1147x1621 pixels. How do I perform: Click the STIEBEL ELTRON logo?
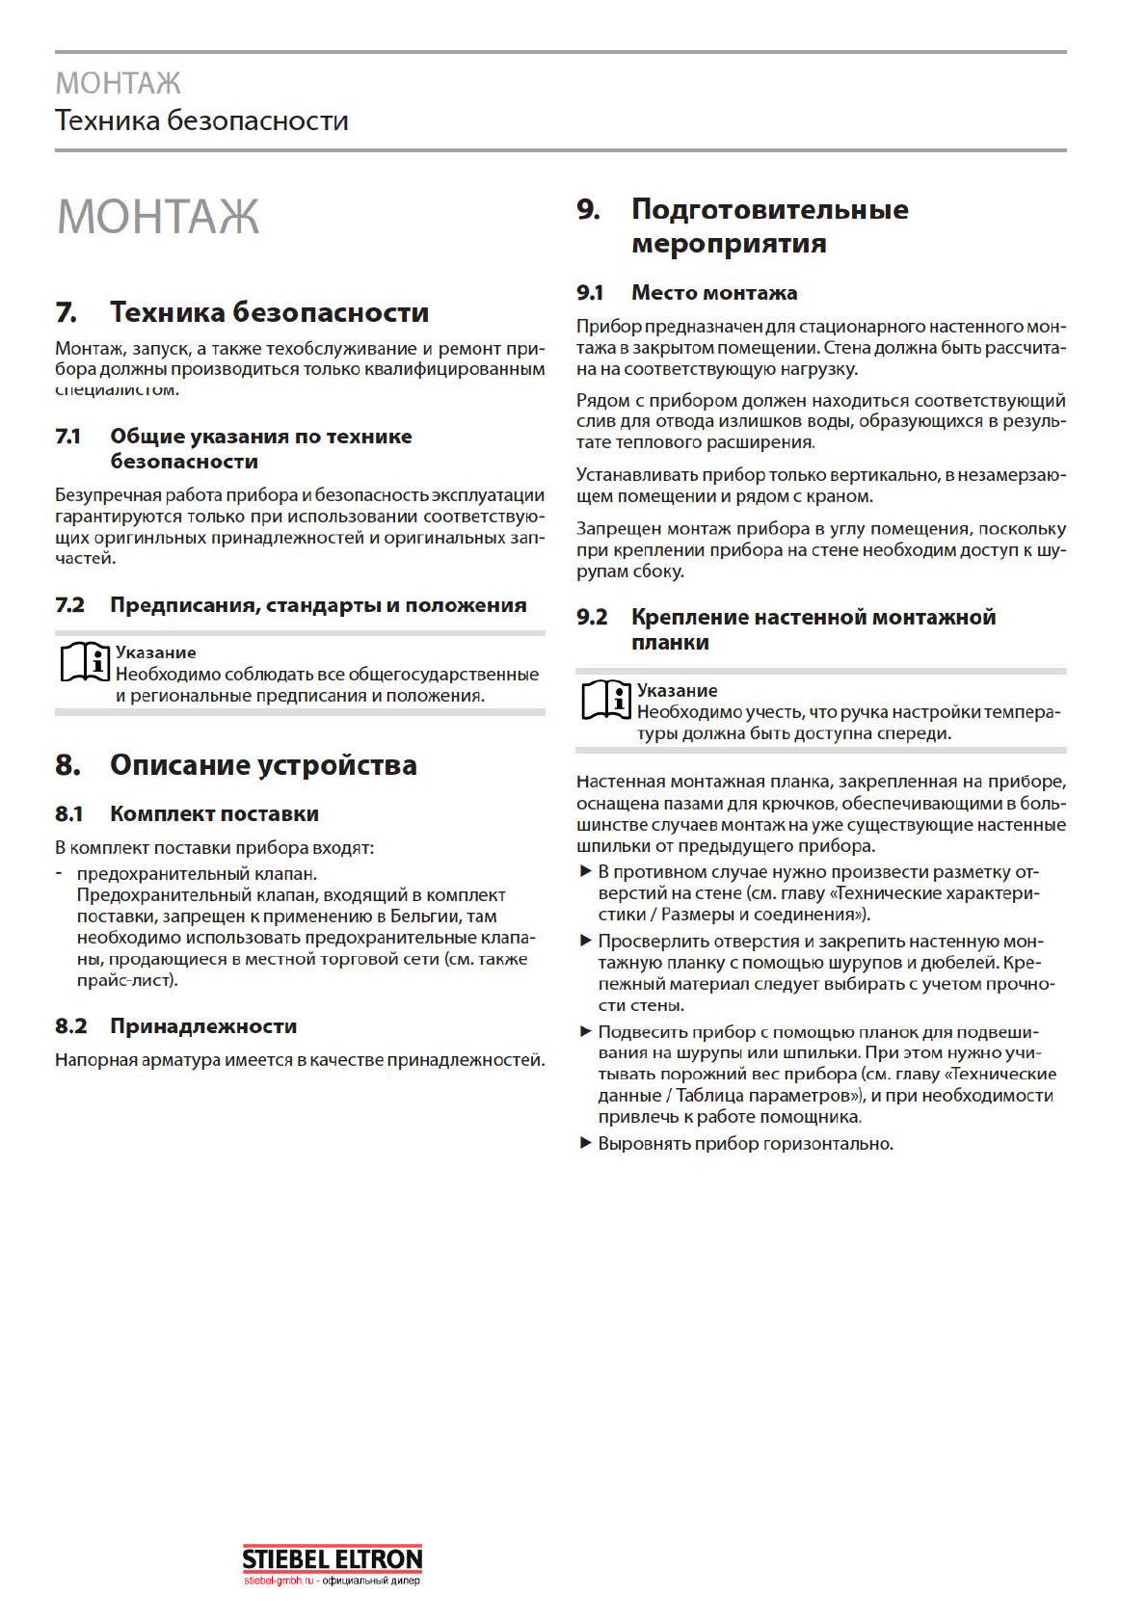point(332,1558)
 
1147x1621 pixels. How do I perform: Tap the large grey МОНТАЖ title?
point(158,216)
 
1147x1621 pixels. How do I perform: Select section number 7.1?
point(67,437)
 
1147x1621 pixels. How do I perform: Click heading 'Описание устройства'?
point(263,765)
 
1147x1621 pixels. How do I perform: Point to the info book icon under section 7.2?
point(84,662)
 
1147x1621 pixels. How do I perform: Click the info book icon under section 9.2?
point(605,701)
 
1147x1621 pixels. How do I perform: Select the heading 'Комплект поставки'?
point(214,813)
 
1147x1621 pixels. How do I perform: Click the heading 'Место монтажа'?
point(714,292)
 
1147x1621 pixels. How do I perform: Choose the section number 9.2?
point(592,617)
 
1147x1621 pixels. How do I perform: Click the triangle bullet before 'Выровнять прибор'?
point(585,1143)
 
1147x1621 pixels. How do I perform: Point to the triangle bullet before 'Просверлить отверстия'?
point(585,941)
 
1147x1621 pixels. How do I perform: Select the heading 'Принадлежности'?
point(203,1025)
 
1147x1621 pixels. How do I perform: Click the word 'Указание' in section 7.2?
point(155,652)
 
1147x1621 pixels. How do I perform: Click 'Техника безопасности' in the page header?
point(201,120)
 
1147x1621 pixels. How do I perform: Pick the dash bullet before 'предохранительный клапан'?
point(60,873)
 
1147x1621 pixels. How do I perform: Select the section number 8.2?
point(70,1025)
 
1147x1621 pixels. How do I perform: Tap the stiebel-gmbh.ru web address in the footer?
point(279,1581)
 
